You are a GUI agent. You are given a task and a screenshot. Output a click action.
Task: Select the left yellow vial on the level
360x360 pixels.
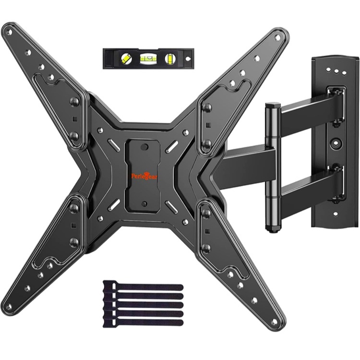[x=126, y=58]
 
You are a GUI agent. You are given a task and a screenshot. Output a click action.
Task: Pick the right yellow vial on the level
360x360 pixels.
[x=169, y=58]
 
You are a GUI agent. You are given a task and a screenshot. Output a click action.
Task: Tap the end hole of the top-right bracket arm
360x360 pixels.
[x=277, y=37]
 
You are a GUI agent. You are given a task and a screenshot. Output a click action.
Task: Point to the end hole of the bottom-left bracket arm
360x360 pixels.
[x=9, y=306]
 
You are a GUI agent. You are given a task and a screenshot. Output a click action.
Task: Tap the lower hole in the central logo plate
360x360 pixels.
[x=144, y=204]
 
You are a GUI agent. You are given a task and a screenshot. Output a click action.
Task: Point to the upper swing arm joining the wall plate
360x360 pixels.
[x=310, y=108]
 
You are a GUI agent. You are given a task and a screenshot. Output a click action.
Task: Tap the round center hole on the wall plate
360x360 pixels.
[x=336, y=142]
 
